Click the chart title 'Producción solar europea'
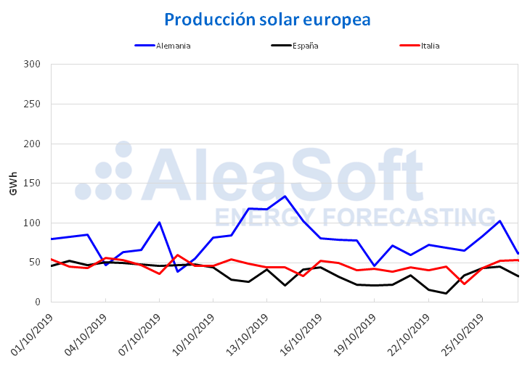[x=266, y=20]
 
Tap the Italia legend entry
[x=429, y=46]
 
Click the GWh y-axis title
[x=13, y=183]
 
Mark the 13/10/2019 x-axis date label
[x=245, y=333]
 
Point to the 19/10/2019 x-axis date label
[x=353, y=333]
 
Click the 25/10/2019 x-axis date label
[x=460, y=333]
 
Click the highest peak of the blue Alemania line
[x=285, y=197]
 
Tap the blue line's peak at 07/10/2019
[x=159, y=223]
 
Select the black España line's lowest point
[x=446, y=293]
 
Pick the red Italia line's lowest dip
[x=464, y=284]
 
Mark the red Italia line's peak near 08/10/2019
[x=177, y=255]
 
